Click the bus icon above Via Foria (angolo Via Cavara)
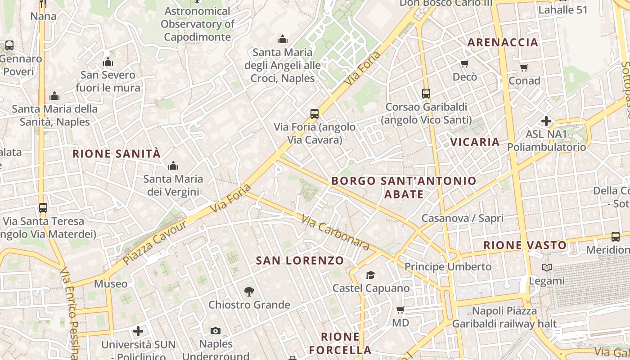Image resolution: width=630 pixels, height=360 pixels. pyautogui.click(x=314, y=114)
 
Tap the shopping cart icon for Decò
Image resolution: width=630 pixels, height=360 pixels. pyautogui.click(x=464, y=64)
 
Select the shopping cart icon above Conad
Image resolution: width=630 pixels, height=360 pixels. pyautogui.click(x=524, y=68)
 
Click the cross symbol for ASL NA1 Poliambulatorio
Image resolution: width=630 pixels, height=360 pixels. pyautogui.click(x=546, y=121)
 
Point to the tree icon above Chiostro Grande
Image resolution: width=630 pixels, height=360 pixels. pyautogui.click(x=249, y=292)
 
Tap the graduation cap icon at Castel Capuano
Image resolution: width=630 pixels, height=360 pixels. pyautogui.click(x=370, y=275)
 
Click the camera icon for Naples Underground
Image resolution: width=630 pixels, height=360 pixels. pyautogui.click(x=216, y=331)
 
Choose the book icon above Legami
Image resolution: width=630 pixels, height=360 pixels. pyautogui.click(x=546, y=268)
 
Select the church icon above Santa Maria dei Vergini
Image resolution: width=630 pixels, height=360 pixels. pyautogui.click(x=173, y=166)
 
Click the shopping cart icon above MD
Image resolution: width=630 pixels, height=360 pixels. pyautogui.click(x=400, y=310)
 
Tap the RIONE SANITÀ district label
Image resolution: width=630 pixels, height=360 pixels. pyautogui.click(x=117, y=154)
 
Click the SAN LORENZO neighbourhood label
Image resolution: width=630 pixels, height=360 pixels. pyautogui.click(x=300, y=261)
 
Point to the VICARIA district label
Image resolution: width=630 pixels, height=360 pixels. pyautogui.click(x=475, y=142)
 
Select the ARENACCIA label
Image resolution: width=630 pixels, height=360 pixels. pyautogui.click(x=503, y=43)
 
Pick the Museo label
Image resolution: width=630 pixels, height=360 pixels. pyautogui.click(x=111, y=284)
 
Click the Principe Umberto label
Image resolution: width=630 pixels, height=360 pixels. pyautogui.click(x=448, y=267)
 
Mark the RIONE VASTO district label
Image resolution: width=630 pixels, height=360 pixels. pyautogui.click(x=525, y=246)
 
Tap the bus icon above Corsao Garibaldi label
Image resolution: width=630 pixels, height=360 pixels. pyautogui.click(x=426, y=94)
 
